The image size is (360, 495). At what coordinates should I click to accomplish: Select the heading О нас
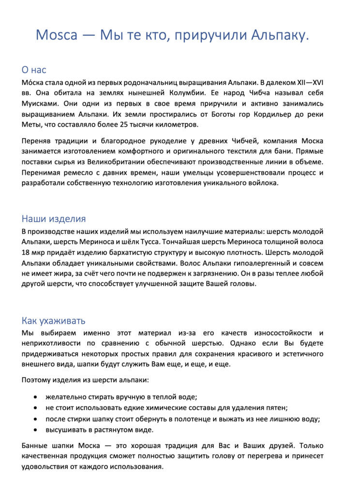tap(34, 70)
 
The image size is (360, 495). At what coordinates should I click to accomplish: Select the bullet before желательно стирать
tap(35, 397)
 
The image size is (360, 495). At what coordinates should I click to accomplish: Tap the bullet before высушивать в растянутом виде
tap(35, 430)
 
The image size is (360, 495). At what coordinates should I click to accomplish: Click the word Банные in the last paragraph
tap(35, 445)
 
